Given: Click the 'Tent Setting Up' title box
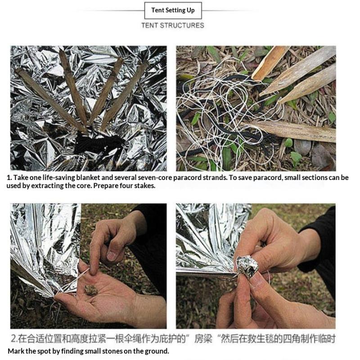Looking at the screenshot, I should [173, 10].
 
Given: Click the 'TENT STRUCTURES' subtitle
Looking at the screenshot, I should [173, 26].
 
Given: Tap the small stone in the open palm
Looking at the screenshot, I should [91, 289].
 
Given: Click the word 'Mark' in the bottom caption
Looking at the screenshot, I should [15, 351].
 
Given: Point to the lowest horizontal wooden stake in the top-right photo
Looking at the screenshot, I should [297, 131].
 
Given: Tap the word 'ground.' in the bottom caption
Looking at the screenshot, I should [157, 351].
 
